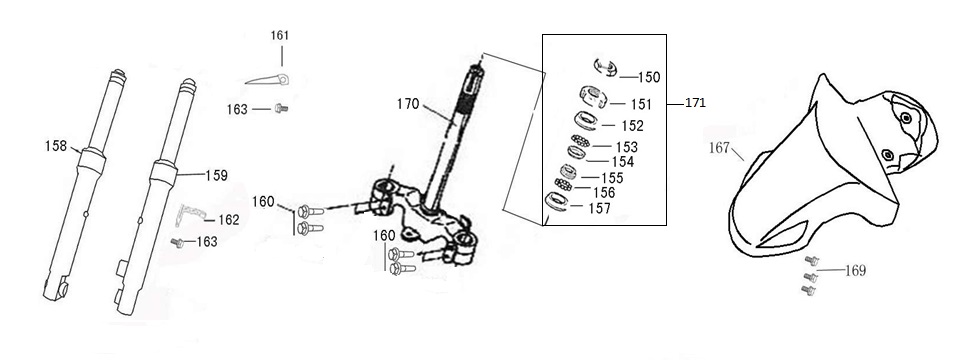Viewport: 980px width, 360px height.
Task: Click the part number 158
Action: click(55, 146)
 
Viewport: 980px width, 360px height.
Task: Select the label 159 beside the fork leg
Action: click(216, 174)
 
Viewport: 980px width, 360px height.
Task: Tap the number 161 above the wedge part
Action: click(280, 35)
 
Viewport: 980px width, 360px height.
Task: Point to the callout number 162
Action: click(228, 219)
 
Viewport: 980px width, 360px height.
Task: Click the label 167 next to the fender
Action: click(720, 147)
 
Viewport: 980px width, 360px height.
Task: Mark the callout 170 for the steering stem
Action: click(407, 102)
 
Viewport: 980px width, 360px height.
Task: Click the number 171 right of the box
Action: click(696, 103)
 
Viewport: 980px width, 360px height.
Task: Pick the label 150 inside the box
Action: click(648, 77)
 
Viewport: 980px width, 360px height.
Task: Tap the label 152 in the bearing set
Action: click(632, 126)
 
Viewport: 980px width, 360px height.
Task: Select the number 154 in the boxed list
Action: click(623, 161)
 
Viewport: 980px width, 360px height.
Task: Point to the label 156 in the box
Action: click(604, 192)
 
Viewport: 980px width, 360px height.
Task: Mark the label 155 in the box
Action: click(612, 177)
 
